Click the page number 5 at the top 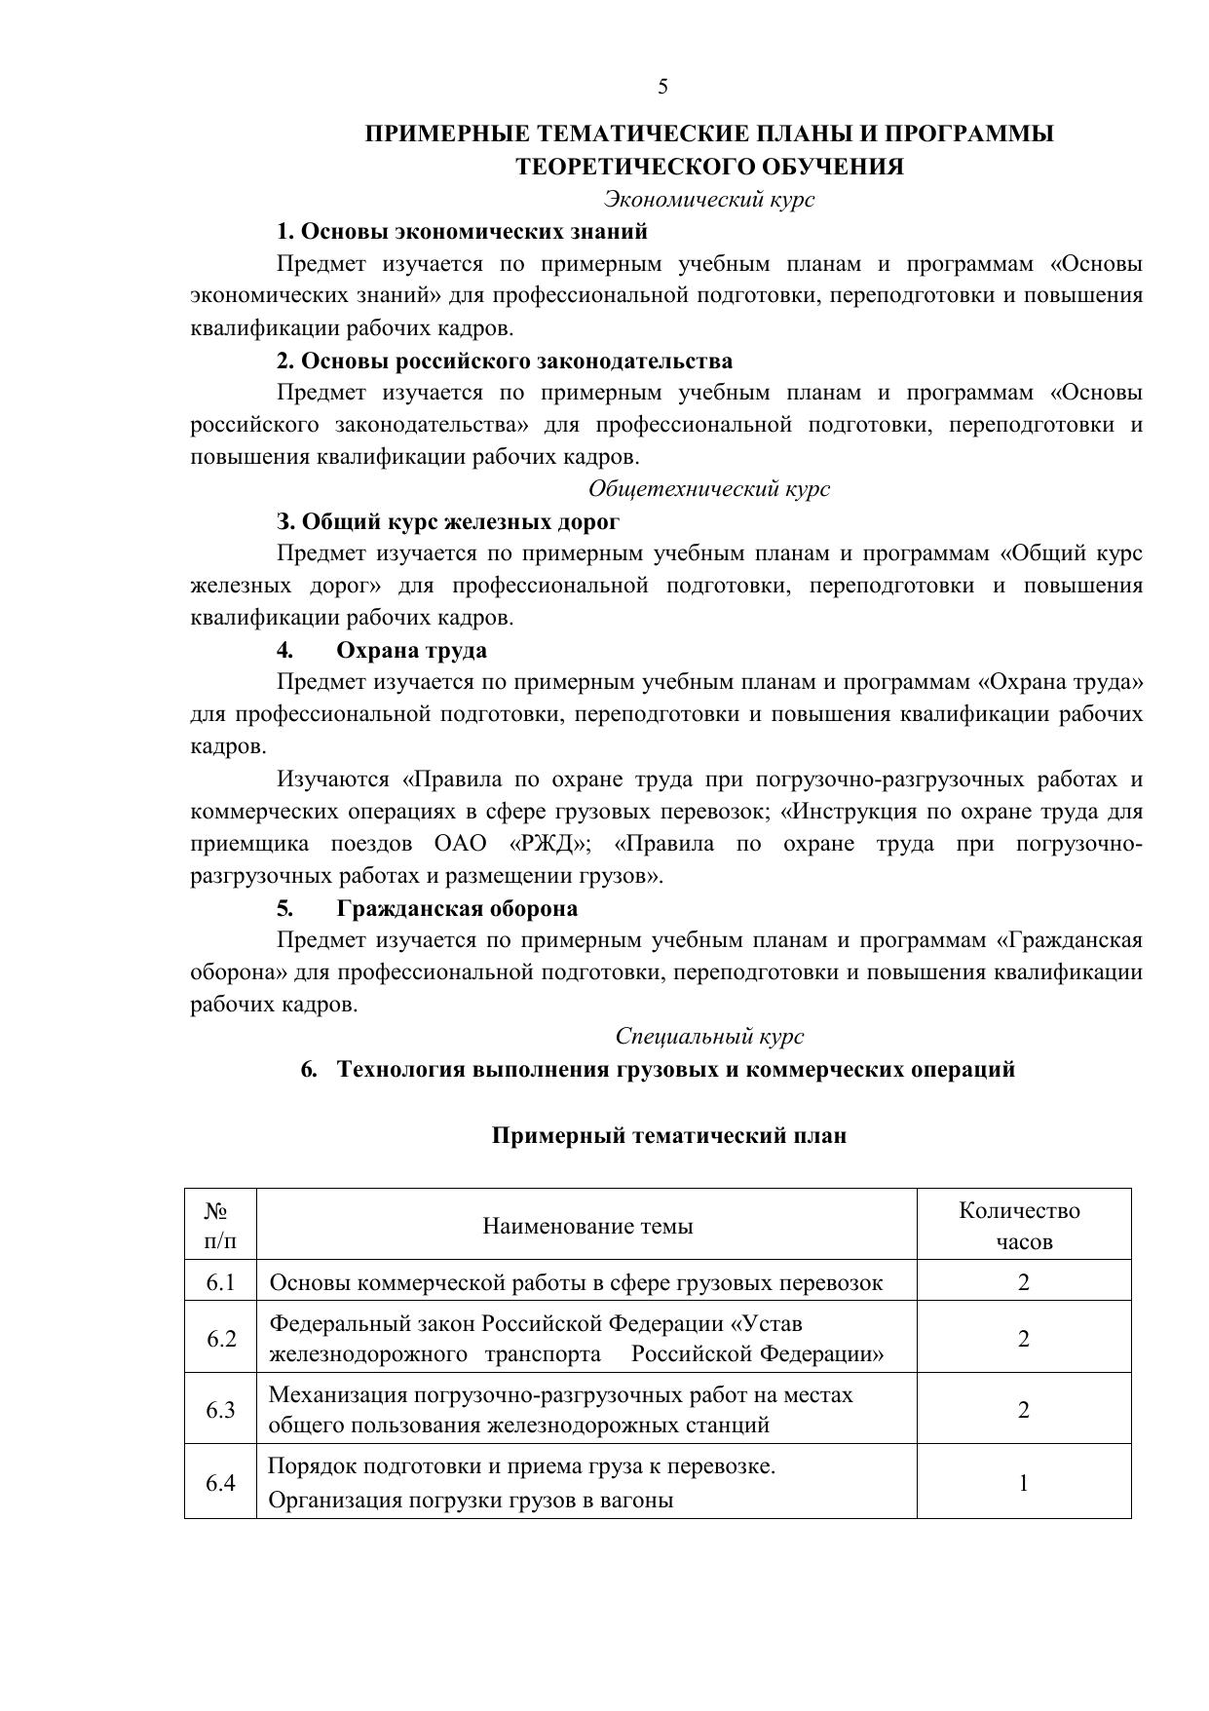(x=663, y=87)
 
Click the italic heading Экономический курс (x=708, y=200)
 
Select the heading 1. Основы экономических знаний (x=462, y=232)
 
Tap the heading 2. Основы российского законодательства (x=504, y=361)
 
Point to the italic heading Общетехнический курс (x=708, y=489)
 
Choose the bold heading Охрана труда (x=411, y=650)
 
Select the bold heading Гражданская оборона (x=456, y=909)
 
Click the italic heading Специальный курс (x=708, y=1037)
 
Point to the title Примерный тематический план (x=668, y=1136)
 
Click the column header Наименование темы (x=587, y=1226)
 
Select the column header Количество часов (x=1022, y=1226)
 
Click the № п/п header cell (x=220, y=1226)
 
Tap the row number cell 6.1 (x=220, y=1282)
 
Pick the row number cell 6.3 (x=220, y=1410)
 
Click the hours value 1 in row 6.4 (x=1023, y=1483)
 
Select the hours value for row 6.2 (x=1023, y=1339)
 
